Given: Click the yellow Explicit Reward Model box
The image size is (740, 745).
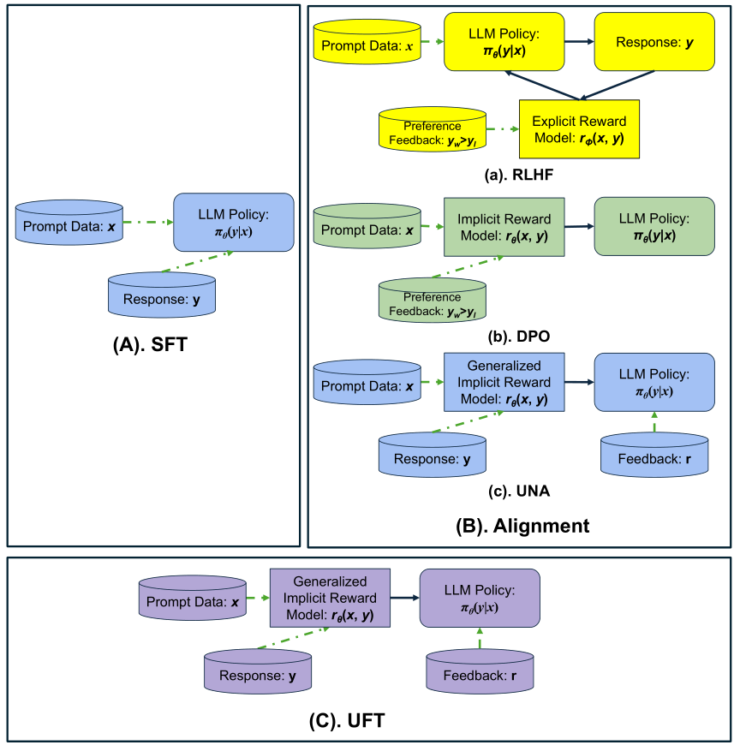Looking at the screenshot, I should click(579, 128).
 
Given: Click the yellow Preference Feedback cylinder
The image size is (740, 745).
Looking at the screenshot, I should click(433, 131).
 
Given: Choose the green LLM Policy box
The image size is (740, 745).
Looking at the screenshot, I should click(653, 226).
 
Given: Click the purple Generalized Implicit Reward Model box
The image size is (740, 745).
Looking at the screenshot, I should click(330, 597).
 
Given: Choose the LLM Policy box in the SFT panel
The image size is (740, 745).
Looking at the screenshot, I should click(233, 223).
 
